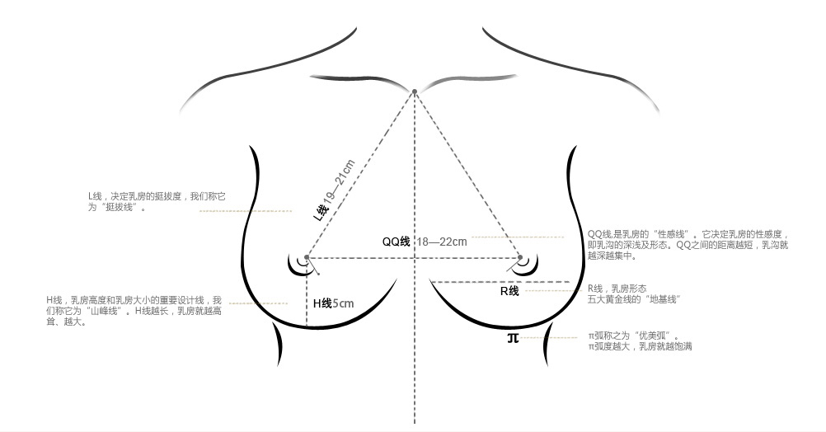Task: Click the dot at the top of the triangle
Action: click(415, 92)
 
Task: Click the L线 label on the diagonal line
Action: click(321, 210)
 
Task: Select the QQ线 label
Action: click(397, 242)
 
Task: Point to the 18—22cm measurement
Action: click(443, 242)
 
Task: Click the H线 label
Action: click(321, 303)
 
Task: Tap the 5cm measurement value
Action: click(343, 303)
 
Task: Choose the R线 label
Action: click(509, 291)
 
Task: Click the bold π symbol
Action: click(513, 338)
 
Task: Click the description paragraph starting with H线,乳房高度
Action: click(134, 311)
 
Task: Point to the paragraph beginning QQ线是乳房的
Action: click(688, 245)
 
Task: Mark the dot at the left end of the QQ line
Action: click(307, 257)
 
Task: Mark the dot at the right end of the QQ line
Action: click(520, 257)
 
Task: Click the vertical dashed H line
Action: click(307, 293)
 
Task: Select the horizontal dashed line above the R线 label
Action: click(500, 282)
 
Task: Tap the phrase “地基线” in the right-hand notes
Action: click(663, 299)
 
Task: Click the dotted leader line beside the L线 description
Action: click(246, 211)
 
